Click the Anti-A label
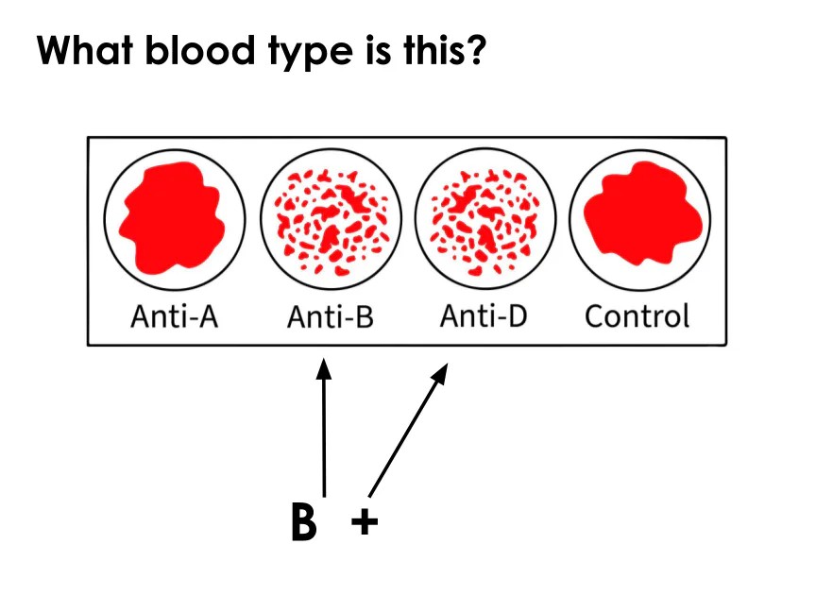tap(175, 316)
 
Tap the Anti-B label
tap(331, 316)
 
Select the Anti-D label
tap(484, 316)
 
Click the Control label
tap(637, 316)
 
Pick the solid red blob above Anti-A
tap(173, 216)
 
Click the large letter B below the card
tap(303, 522)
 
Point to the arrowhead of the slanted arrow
tap(440, 375)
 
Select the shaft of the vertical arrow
tap(325, 434)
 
